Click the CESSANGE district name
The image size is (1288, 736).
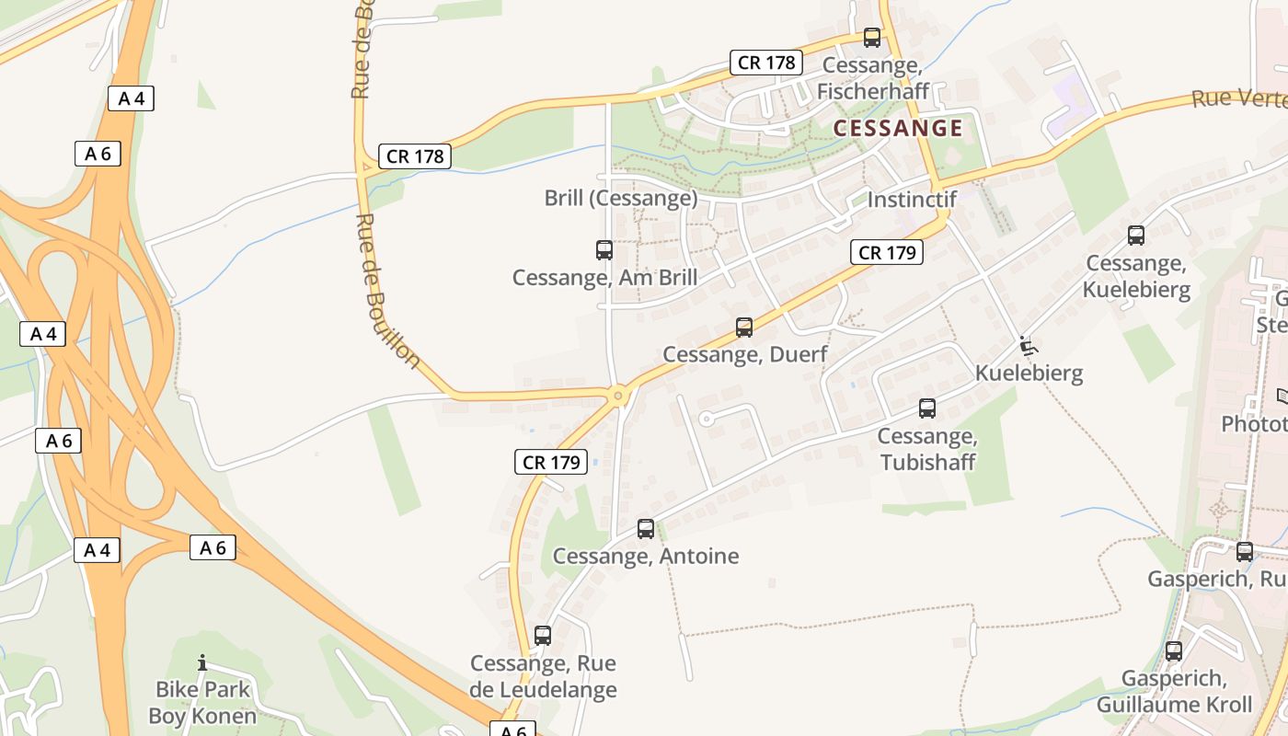(x=898, y=128)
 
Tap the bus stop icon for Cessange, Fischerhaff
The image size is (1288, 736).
(x=871, y=38)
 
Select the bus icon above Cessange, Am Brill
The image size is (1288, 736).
(x=604, y=249)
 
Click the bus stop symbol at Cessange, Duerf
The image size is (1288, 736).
(x=744, y=327)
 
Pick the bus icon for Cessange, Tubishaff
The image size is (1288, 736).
(x=927, y=408)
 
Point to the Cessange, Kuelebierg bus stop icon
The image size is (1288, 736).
(x=1136, y=235)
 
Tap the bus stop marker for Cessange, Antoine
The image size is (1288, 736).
(x=646, y=528)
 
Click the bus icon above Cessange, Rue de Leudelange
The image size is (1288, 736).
(x=543, y=635)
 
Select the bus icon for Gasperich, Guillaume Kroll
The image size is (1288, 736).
(x=1174, y=650)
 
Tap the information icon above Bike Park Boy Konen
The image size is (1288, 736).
(x=202, y=662)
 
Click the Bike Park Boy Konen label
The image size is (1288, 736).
(x=202, y=701)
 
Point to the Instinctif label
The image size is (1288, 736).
(x=912, y=199)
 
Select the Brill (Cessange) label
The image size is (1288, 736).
(x=621, y=198)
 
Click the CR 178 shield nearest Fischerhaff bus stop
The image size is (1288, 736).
(x=766, y=63)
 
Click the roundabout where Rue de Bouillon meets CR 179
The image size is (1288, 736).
(x=619, y=397)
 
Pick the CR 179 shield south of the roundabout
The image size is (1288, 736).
(x=550, y=462)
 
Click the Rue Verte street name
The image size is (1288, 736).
(x=1238, y=98)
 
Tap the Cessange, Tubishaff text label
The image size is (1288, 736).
(x=927, y=448)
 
